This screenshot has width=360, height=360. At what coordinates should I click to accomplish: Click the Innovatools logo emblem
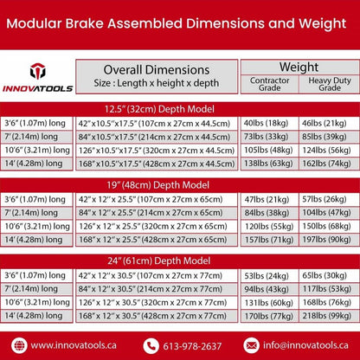tap(37, 72)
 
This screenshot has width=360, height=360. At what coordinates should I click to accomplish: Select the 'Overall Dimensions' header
tap(156, 69)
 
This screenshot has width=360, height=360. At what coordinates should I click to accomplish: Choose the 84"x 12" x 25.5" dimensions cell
tap(156, 212)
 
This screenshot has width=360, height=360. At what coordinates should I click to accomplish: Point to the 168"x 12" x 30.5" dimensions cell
tap(156, 316)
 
